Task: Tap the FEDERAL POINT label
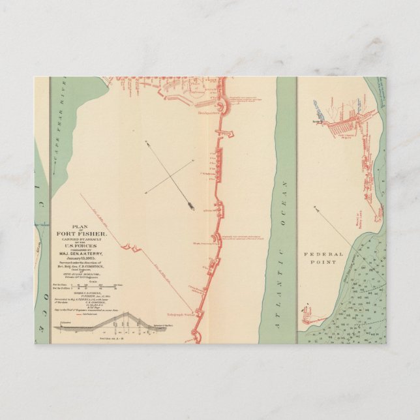click(x=320, y=258)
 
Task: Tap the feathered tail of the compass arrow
click(x=146, y=142)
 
